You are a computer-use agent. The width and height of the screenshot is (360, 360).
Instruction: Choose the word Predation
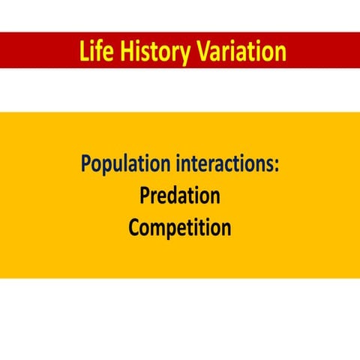[180, 196]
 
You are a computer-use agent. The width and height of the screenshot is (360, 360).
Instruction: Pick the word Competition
[180, 228]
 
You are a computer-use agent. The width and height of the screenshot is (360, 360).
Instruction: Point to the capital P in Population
[85, 163]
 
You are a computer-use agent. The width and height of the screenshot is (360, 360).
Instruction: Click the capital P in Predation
[145, 196]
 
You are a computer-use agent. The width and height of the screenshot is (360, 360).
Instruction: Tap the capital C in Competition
[134, 227]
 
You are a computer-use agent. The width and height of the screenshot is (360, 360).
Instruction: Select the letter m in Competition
[161, 229]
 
